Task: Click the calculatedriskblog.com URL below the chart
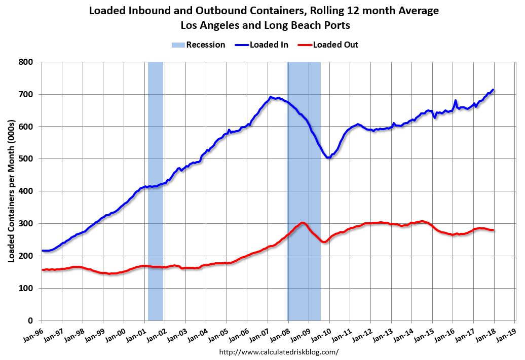(x=279, y=351)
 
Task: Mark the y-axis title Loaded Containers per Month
(x=11, y=191)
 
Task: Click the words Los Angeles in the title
(x=209, y=24)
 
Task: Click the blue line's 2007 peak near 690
(x=271, y=97)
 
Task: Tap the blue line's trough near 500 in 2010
(x=328, y=157)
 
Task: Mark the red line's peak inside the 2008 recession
(x=302, y=223)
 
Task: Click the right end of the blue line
(x=493, y=90)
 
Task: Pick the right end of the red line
(x=493, y=230)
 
